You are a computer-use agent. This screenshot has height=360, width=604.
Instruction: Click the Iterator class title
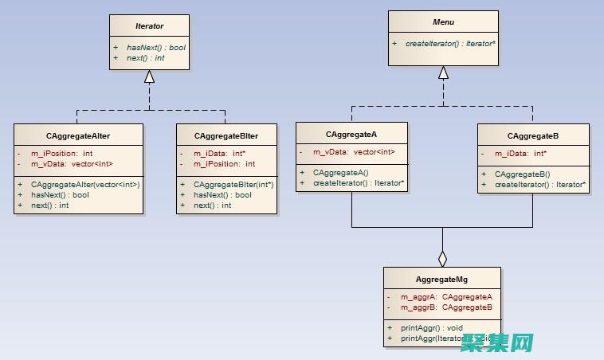tap(149, 26)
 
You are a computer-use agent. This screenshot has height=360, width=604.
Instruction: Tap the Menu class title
tap(443, 22)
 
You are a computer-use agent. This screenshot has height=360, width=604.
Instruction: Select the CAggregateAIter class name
tap(78, 135)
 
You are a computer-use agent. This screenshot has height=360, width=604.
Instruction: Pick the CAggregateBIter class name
tap(226, 135)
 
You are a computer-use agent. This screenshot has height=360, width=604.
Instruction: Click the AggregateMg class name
tap(442, 280)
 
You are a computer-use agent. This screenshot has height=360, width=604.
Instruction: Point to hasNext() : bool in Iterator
tap(155, 47)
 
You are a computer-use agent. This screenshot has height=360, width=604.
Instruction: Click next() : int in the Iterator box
tap(145, 57)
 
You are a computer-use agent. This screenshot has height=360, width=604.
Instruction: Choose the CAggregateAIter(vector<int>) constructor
tap(85, 185)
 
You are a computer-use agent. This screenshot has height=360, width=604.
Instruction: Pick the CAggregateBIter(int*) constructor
tap(233, 185)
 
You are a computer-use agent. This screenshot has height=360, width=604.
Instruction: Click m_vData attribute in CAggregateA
tap(354, 152)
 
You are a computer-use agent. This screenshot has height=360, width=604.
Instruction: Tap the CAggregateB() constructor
tap(522, 174)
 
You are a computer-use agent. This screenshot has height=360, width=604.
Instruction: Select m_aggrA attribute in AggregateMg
tap(446, 297)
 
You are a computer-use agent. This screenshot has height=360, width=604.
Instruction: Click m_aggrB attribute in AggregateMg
tap(446, 307)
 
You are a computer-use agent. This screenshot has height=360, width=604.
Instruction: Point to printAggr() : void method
tap(432, 327)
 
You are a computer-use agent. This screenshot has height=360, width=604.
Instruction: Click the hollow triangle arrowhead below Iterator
tap(149, 77)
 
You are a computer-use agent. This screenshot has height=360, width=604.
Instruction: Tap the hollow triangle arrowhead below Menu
tap(443, 72)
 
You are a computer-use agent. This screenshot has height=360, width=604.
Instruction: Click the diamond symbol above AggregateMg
tap(443, 258)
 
